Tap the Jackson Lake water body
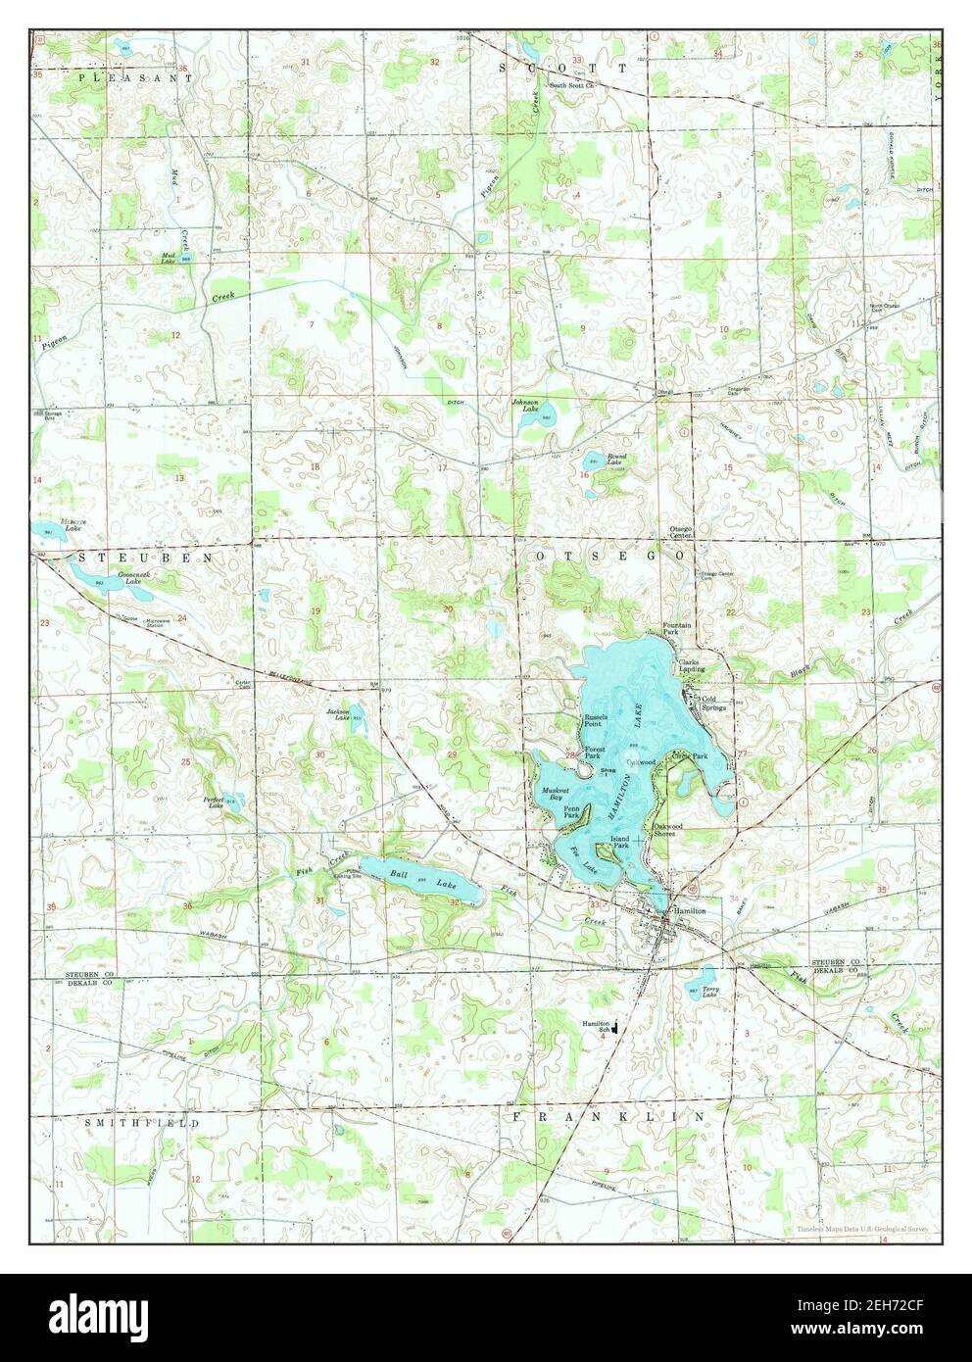point(355,713)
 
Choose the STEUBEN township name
point(114,557)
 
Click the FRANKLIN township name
point(607,1116)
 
